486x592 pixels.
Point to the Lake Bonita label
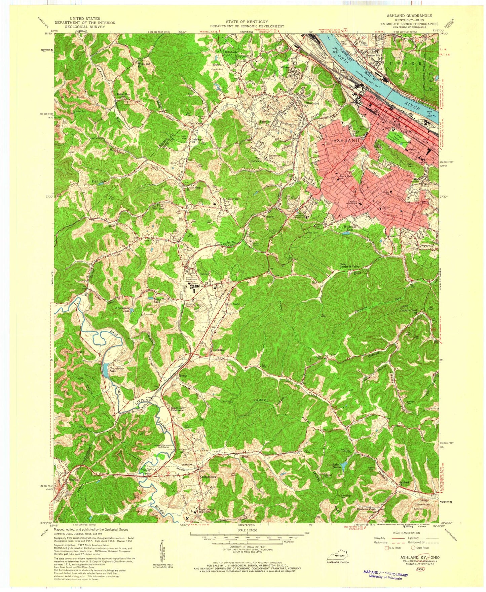point(337,466)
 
